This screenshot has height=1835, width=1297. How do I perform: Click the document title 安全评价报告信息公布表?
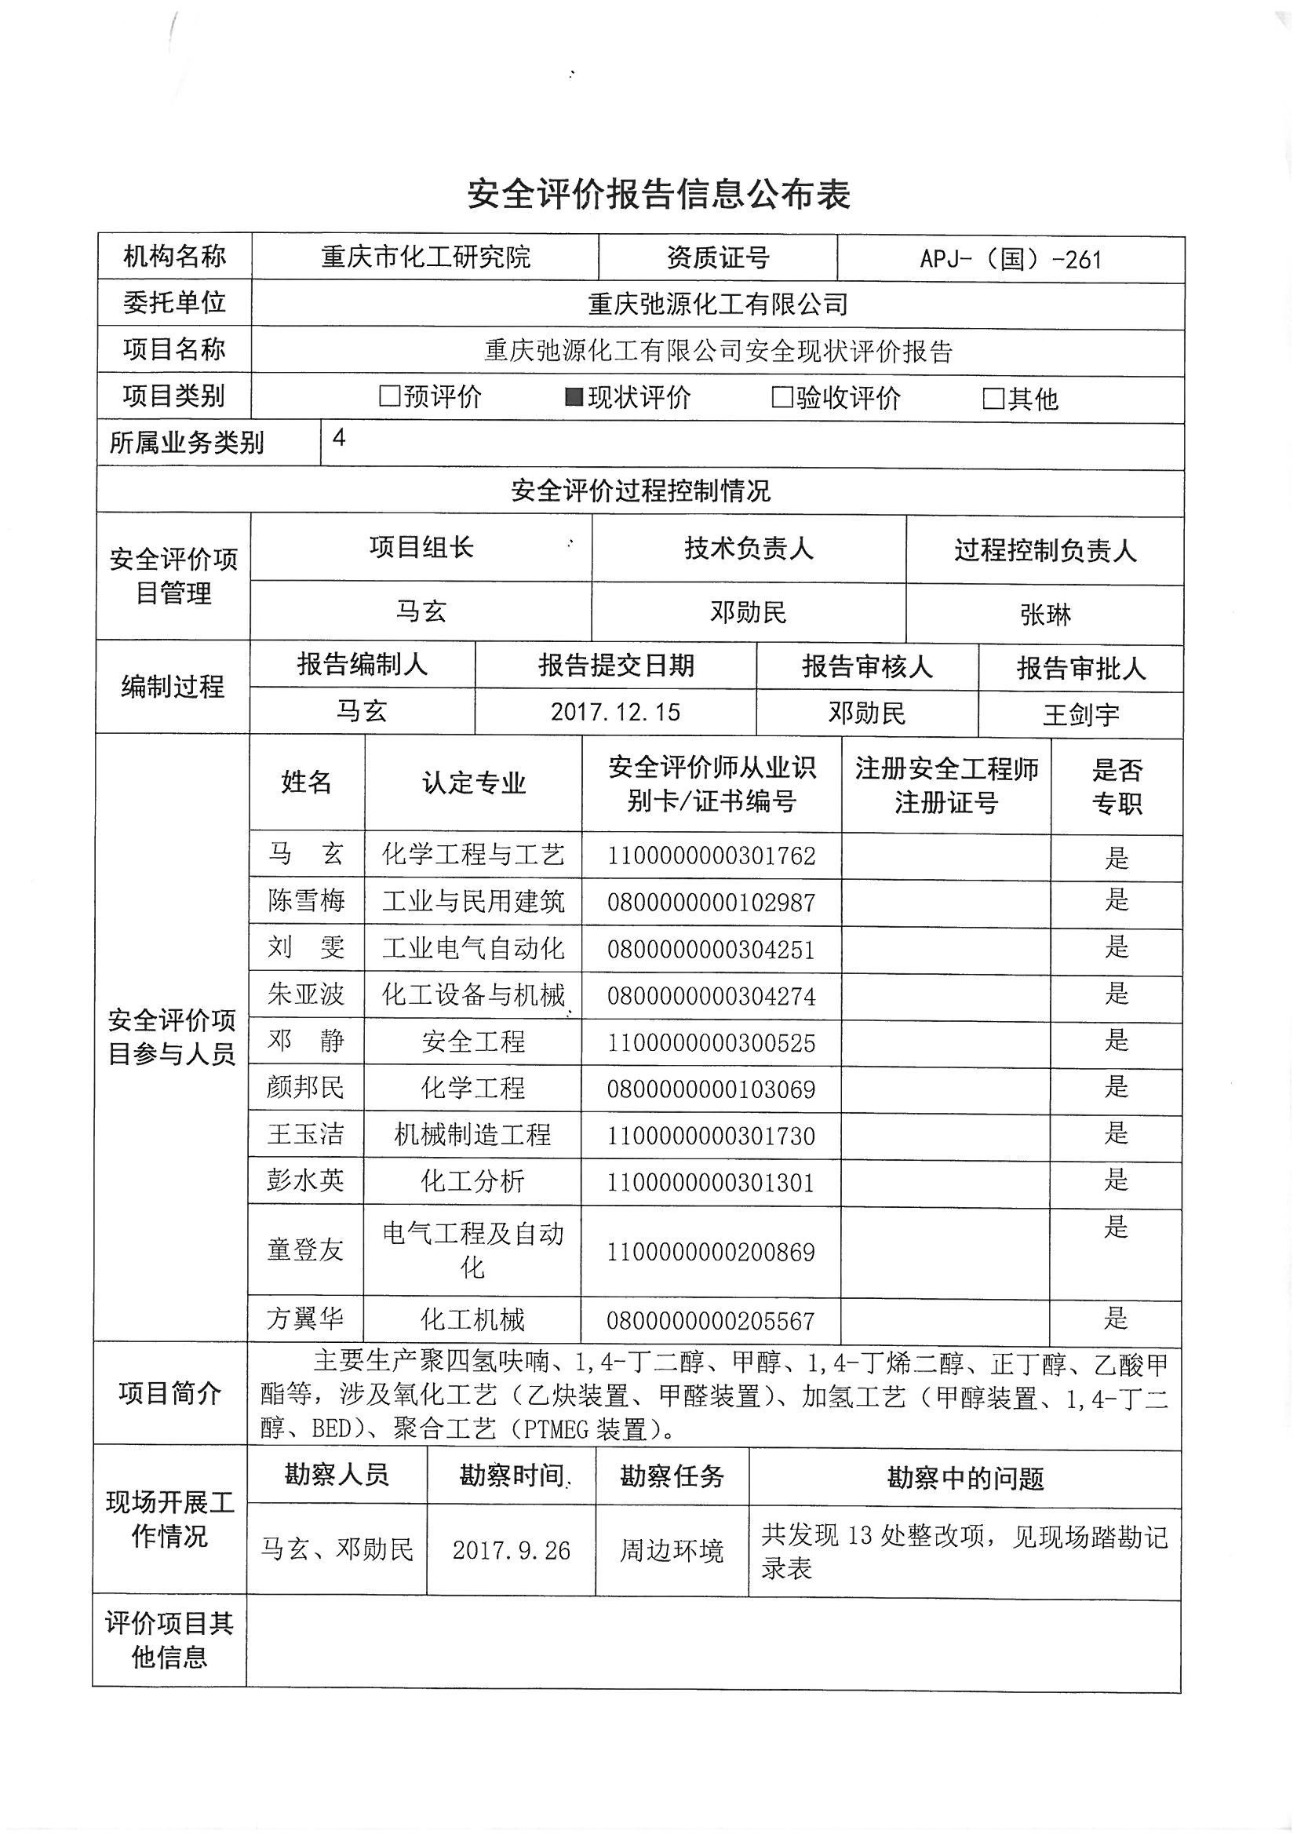(x=658, y=194)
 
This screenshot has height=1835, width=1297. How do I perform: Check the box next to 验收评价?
(x=781, y=397)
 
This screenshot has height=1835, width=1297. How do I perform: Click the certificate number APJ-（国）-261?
(x=1010, y=260)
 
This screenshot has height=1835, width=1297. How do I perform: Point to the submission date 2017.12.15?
(x=615, y=711)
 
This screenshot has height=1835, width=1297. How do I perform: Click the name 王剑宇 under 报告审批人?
(x=1080, y=713)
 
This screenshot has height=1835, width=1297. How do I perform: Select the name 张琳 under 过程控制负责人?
(x=1044, y=615)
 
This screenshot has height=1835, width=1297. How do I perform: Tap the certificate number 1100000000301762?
(x=711, y=856)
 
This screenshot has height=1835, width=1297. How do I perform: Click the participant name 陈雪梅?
(x=306, y=901)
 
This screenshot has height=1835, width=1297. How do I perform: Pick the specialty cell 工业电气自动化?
(x=473, y=949)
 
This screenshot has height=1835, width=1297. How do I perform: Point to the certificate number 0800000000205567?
(x=710, y=1320)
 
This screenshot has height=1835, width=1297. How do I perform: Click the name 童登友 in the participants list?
(x=305, y=1249)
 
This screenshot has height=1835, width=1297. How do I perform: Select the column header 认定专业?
(x=474, y=783)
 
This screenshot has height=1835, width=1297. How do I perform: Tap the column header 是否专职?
(x=1117, y=786)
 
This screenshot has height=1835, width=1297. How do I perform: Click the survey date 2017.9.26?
(x=512, y=1549)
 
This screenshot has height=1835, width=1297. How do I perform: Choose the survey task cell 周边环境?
(x=672, y=1550)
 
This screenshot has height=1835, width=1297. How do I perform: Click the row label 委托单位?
(x=174, y=303)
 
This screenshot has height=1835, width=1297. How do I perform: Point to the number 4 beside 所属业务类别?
(x=339, y=438)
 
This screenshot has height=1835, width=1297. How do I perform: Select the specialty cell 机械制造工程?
(x=472, y=1134)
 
